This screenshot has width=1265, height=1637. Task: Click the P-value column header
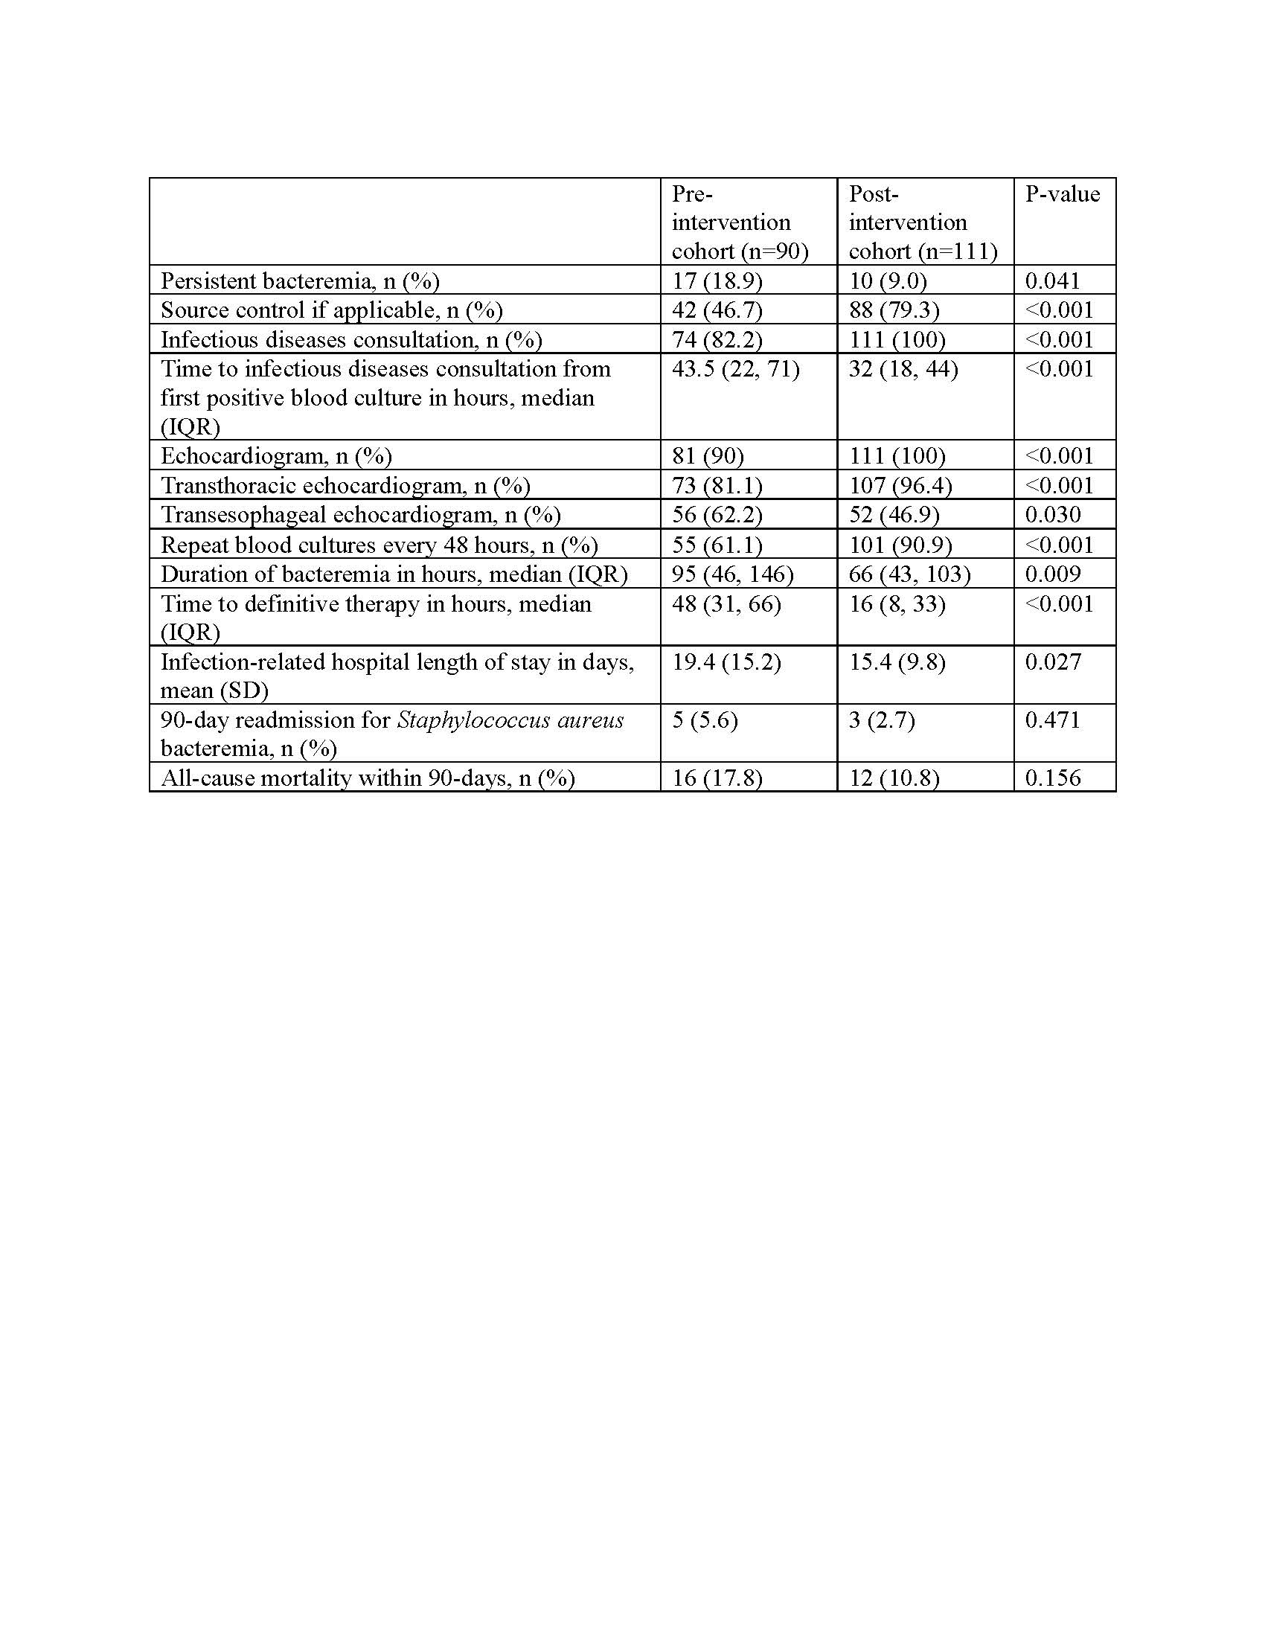tap(1062, 194)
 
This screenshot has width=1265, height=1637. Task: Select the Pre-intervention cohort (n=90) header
tap(739, 222)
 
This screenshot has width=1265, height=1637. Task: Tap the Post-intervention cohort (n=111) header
tap(922, 222)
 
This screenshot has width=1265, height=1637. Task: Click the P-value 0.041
tap(1052, 281)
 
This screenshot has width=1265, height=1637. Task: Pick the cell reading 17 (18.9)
tap(717, 281)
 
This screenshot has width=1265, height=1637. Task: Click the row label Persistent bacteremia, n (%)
tap(300, 281)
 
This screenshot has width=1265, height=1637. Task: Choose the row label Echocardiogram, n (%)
tap(276, 455)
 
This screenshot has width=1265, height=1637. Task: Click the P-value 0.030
tap(1052, 514)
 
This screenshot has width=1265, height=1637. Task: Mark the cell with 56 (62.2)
tap(717, 514)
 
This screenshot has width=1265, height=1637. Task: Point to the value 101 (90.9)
tap(897, 544)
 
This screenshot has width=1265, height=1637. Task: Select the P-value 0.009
tap(1052, 574)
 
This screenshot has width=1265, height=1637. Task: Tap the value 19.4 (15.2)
tap(726, 661)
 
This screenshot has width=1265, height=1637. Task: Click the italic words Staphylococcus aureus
tap(510, 720)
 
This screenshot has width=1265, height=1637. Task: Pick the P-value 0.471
tap(1052, 720)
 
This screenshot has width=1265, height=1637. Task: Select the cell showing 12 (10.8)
tap(893, 778)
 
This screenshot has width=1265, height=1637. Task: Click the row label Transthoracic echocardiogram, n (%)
tap(345, 486)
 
